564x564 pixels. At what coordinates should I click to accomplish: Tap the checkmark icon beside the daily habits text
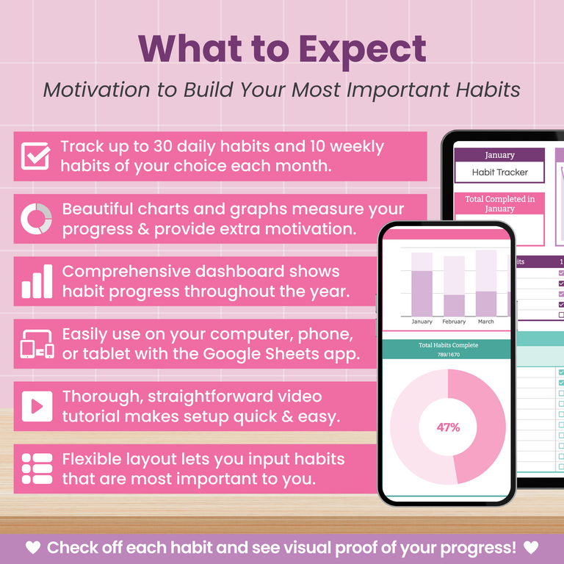click(x=35, y=156)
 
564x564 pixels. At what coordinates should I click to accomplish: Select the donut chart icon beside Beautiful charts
click(x=36, y=219)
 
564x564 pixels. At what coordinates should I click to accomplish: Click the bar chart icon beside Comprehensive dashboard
click(x=36, y=281)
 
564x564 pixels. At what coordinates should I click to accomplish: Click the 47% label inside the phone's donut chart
click(x=448, y=427)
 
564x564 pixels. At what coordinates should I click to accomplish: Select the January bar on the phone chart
click(x=422, y=283)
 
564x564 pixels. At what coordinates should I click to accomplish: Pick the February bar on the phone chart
click(x=454, y=286)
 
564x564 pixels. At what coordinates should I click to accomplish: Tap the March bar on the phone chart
click(x=486, y=283)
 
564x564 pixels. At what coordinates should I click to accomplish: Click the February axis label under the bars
click(x=454, y=322)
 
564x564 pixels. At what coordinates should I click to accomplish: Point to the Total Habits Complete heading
click(x=448, y=345)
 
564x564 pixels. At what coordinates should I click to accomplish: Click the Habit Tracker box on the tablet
click(x=499, y=173)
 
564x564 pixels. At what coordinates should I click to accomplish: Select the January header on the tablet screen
click(x=499, y=155)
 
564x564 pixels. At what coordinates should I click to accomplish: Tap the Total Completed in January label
click(x=499, y=203)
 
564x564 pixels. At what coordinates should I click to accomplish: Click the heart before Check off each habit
click(x=32, y=548)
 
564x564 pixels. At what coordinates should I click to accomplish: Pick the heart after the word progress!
click(x=531, y=548)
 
